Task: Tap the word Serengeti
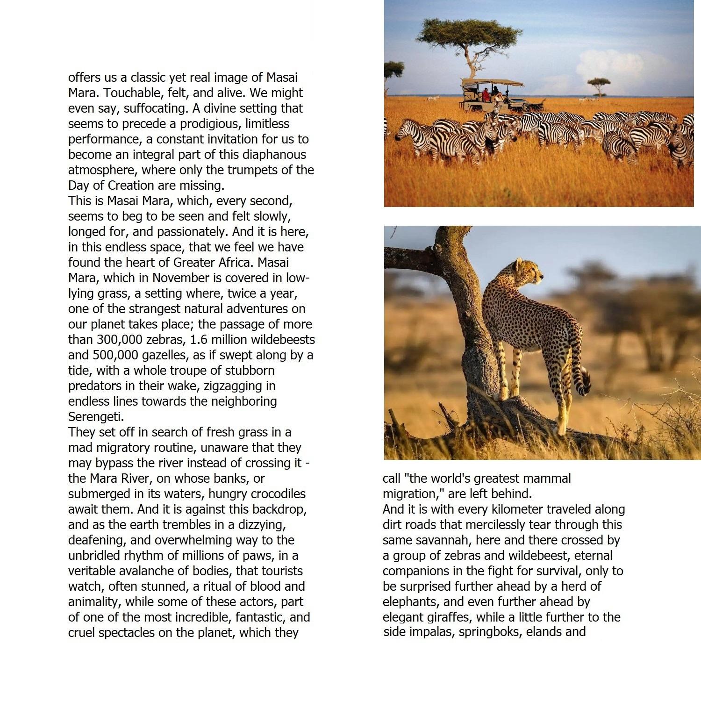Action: [x=96, y=417]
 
